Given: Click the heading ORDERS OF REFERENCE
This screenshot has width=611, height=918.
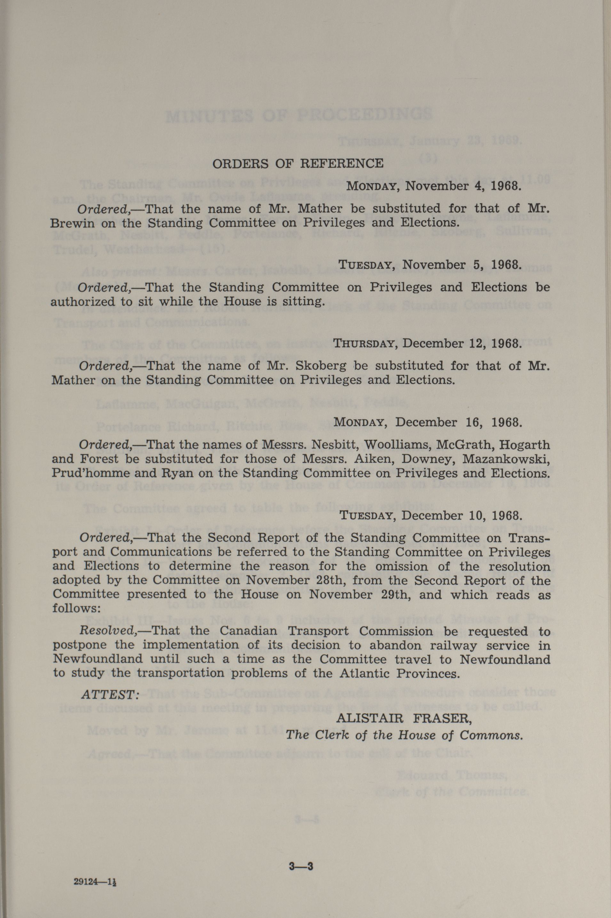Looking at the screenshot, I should (298, 163).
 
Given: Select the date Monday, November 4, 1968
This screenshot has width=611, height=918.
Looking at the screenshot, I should (434, 185).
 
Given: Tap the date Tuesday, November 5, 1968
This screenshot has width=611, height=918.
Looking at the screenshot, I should (429, 265).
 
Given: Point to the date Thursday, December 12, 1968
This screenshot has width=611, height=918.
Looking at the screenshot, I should (427, 344).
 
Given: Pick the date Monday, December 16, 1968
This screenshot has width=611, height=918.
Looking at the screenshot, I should (427, 422).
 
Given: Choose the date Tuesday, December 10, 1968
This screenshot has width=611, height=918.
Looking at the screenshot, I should (430, 516).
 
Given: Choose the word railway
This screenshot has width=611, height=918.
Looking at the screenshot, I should (453, 646).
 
